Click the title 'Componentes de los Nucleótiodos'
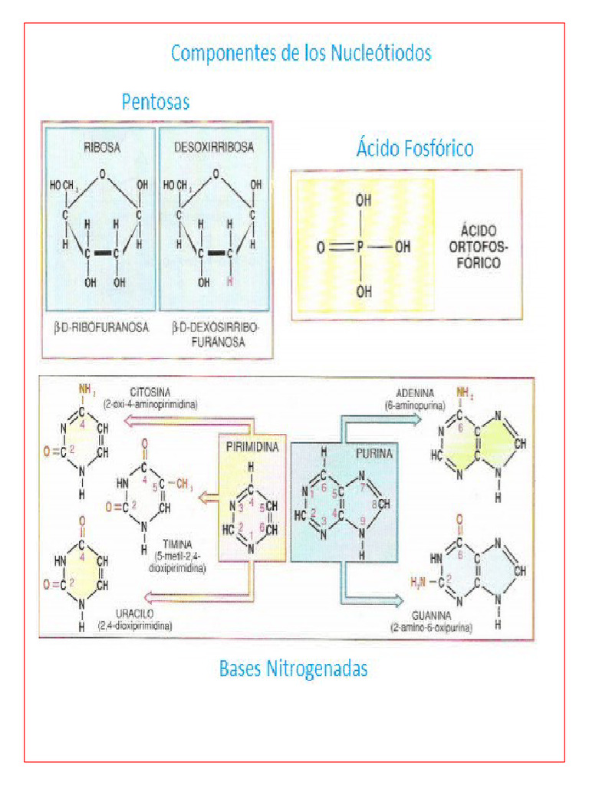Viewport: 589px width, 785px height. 301,54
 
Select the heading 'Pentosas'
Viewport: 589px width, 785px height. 156,102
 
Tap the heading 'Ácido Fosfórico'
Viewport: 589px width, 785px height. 414,147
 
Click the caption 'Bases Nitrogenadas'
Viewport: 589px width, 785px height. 293,668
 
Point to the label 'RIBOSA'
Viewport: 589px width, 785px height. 101,147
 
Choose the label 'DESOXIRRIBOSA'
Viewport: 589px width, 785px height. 214,147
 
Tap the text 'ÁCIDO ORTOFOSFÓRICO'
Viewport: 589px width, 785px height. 479,246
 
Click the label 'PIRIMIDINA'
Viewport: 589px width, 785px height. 252,445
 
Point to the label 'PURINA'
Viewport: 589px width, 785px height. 373,454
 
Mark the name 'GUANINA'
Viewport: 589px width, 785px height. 430,616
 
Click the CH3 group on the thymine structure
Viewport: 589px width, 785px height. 184,484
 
